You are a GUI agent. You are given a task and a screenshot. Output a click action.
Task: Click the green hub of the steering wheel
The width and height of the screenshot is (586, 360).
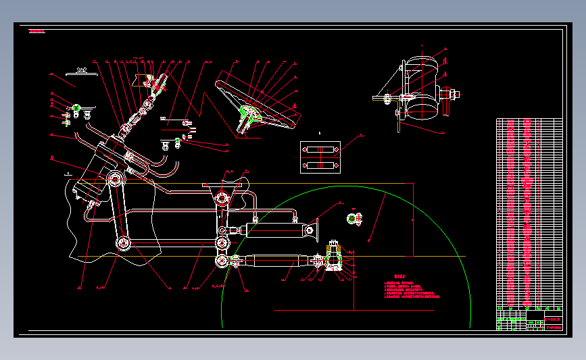(x=247, y=111)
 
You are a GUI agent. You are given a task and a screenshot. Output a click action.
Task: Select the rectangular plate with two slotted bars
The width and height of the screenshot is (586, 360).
(x=319, y=157)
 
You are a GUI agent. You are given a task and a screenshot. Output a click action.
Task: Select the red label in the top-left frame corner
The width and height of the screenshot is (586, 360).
(x=36, y=31)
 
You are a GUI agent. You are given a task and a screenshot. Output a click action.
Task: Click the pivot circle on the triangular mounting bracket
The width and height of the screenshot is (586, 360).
(x=220, y=199)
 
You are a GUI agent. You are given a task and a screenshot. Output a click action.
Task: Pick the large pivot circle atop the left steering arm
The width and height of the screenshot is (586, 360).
(x=114, y=180)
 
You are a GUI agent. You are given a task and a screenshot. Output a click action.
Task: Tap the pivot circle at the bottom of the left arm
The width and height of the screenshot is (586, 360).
(x=122, y=243)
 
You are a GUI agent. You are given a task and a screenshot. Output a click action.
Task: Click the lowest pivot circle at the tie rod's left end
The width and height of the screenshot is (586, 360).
(x=222, y=261)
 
